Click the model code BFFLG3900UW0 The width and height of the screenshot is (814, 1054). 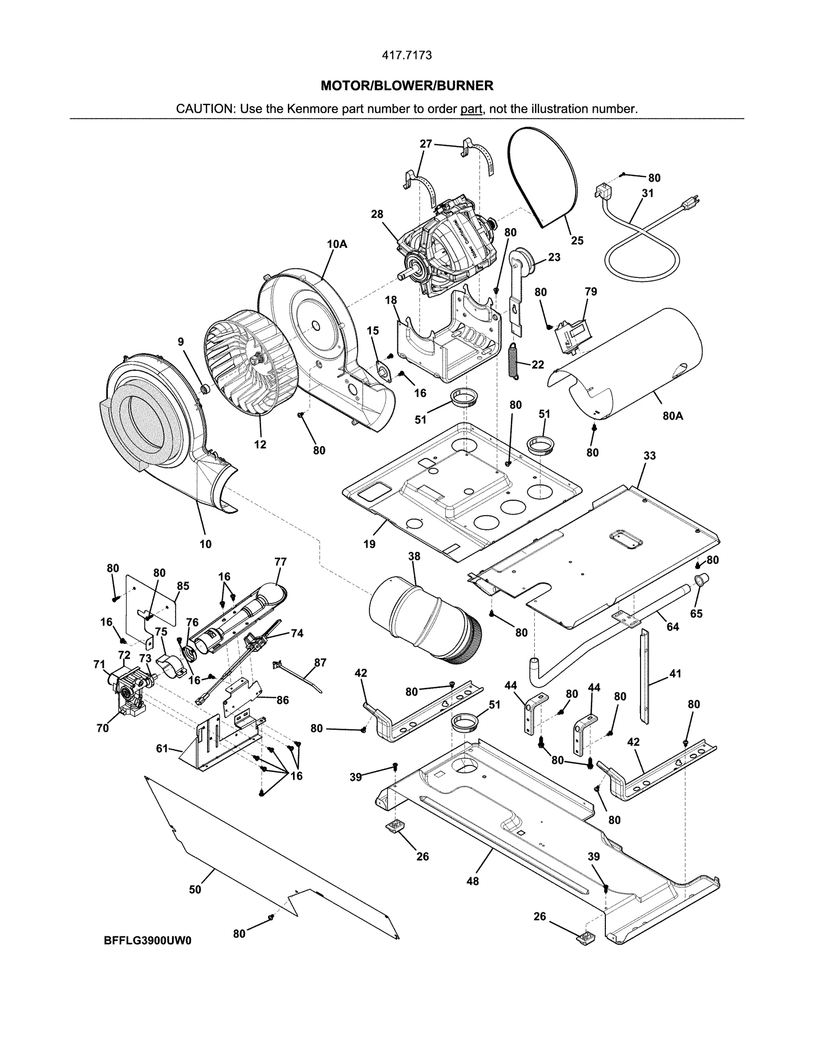pos(148,941)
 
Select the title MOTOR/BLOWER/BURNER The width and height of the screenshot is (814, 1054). pos(406,86)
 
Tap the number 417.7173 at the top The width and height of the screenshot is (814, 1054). pos(406,55)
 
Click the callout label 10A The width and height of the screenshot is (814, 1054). pos(336,244)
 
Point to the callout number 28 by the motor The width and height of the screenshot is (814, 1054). pos(376,214)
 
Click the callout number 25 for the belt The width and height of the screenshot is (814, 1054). pos(576,240)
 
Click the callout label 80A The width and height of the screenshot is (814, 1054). pos(673,416)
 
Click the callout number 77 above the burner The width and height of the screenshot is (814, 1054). pos(280,562)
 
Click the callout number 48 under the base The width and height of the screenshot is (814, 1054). pos(472,881)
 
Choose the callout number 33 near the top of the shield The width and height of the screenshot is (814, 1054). pos(649,455)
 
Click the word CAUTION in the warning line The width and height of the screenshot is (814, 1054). pos(205,109)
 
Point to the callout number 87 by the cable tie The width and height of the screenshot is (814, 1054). pos(320,662)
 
